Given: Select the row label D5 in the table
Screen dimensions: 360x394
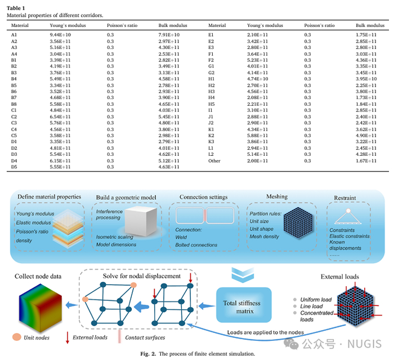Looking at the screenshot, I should (x=15, y=167).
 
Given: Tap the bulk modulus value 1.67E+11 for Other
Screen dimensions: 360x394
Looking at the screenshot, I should (x=366, y=160).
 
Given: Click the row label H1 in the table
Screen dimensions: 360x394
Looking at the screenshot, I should (x=212, y=79).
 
